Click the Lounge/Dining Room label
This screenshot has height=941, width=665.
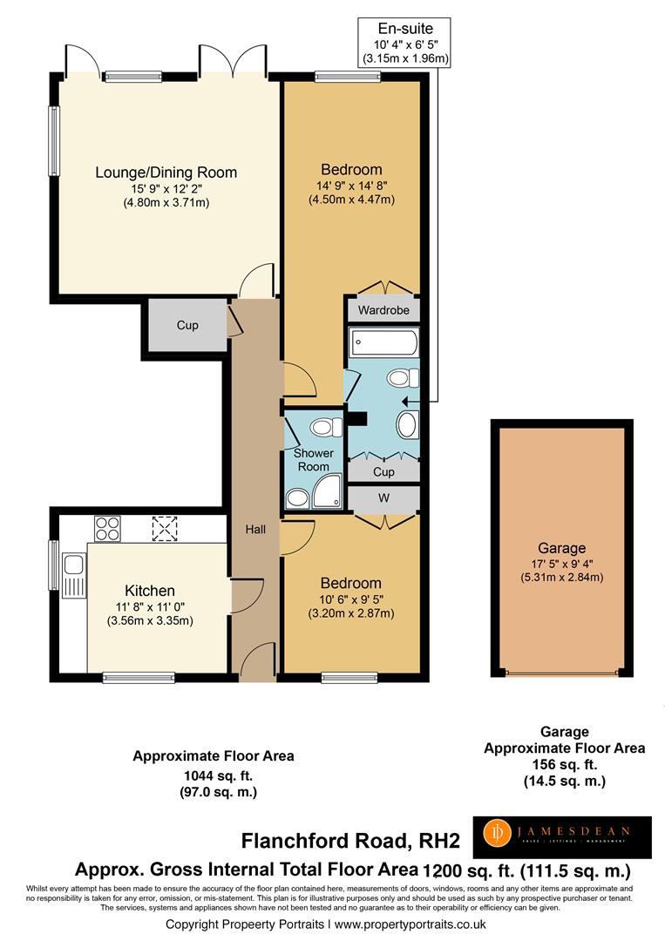pyautogui.click(x=166, y=173)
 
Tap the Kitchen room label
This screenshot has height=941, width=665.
pyautogui.click(x=149, y=591)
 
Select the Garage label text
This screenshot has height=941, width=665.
pyautogui.click(x=561, y=548)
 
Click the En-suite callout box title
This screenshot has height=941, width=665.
pyautogui.click(x=405, y=28)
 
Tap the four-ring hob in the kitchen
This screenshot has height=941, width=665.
pyautogui.click(x=107, y=528)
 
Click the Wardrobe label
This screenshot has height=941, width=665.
pyautogui.click(x=383, y=309)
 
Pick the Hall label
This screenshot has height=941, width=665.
pyautogui.click(x=254, y=529)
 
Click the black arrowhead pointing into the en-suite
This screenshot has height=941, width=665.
pyautogui.click(x=408, y=402)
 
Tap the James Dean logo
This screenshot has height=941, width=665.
pyautogui.click(x=562, y=837)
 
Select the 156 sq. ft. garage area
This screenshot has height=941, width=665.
pyautogui.click(x=565, y=765)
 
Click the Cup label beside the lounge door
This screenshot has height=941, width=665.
pyautogui.click(x=187, y=325)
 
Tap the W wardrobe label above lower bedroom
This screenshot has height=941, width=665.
pyautogui.click(x=383, y=498)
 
